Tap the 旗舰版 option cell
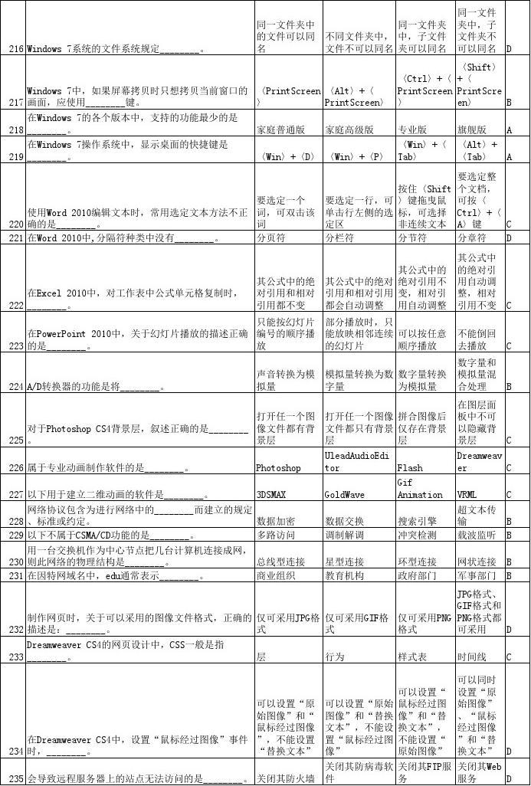[x=474, y=129]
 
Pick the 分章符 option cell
[x=474, y=238]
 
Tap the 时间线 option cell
[x=472, y=657]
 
